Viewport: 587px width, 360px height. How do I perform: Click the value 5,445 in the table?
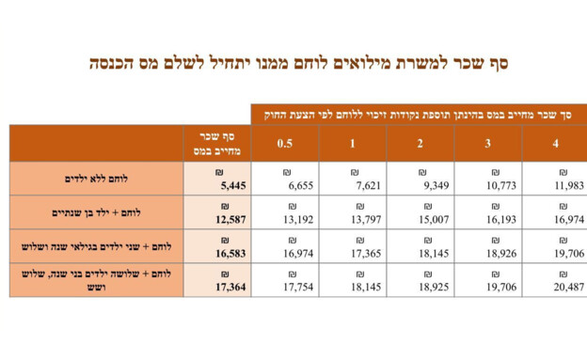click(232, 186)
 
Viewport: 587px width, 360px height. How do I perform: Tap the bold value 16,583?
click(230, 254)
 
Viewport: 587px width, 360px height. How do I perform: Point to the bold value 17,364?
click(230, 288)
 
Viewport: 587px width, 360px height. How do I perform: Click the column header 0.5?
click(284, 143)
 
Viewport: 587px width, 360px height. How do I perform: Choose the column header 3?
click(487, 143)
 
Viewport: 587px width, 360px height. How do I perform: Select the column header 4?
click(556, 143)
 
